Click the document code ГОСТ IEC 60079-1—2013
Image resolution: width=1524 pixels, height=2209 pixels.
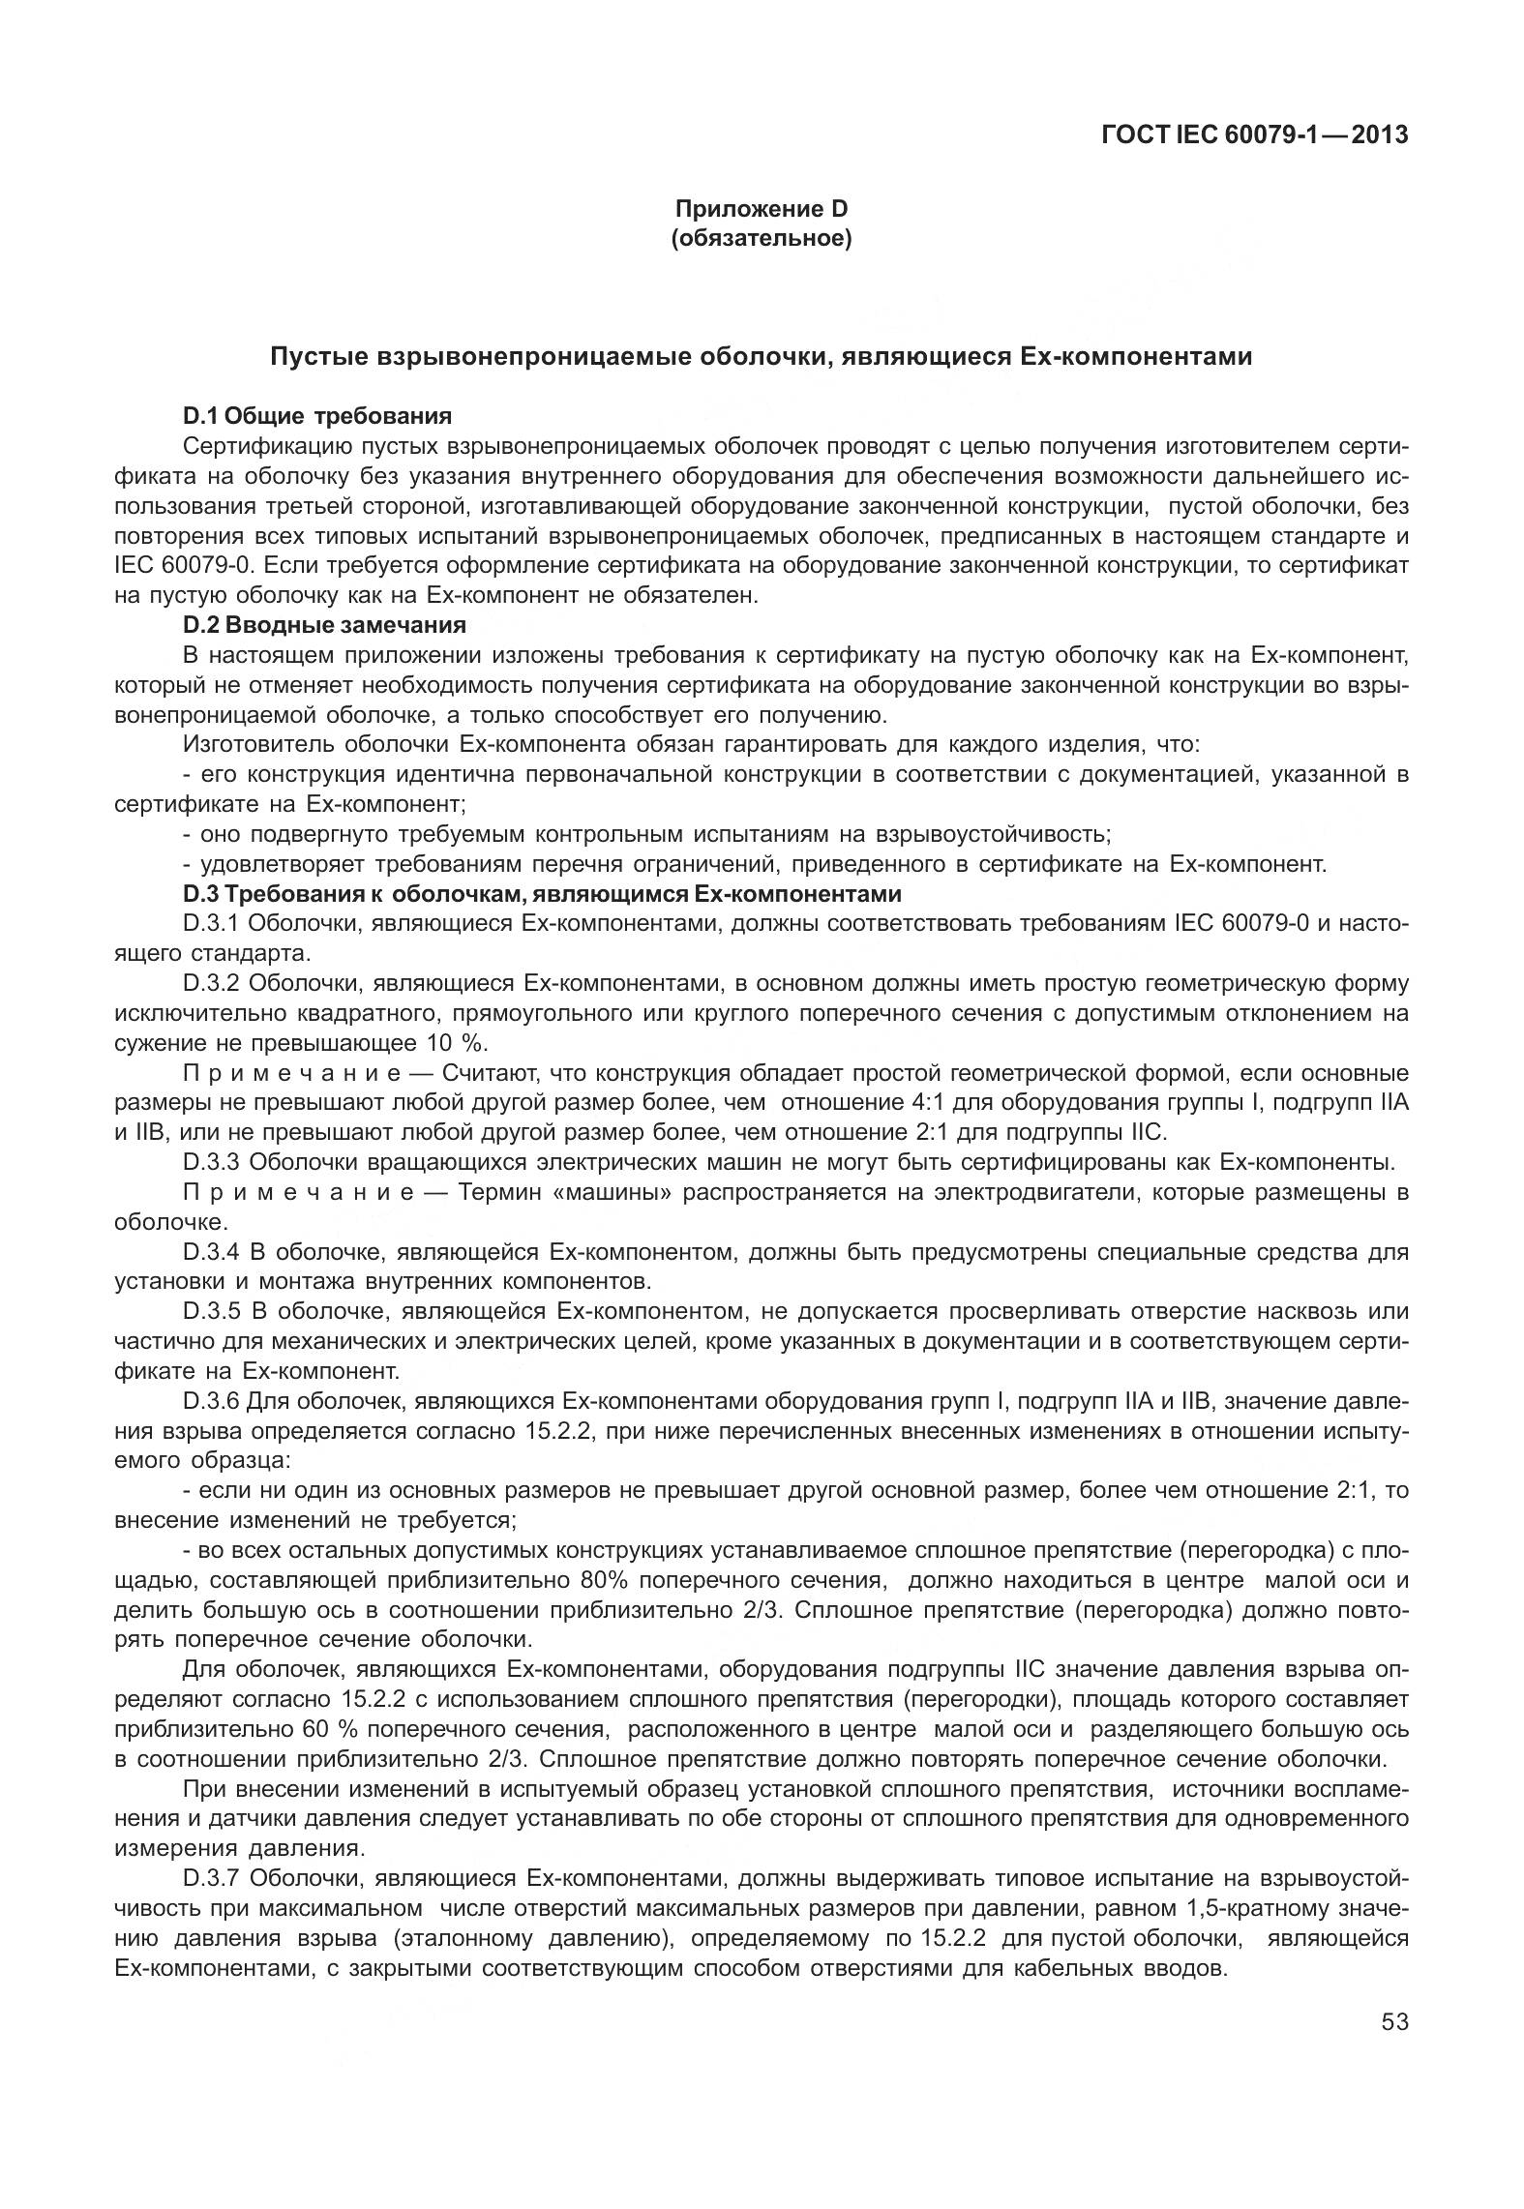pyautogui.click(x=1254, y=134)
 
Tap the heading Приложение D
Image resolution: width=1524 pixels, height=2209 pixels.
pyautogui.click(x=761, y=208)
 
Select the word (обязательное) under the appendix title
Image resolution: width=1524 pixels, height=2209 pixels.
pyautogui.click(x=761, y=237)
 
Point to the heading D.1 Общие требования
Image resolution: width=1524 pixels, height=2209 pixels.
pyautogui.click(x=316, y=416)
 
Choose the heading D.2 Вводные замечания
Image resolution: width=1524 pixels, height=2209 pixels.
pyautogui.click(x=323, y=625)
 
